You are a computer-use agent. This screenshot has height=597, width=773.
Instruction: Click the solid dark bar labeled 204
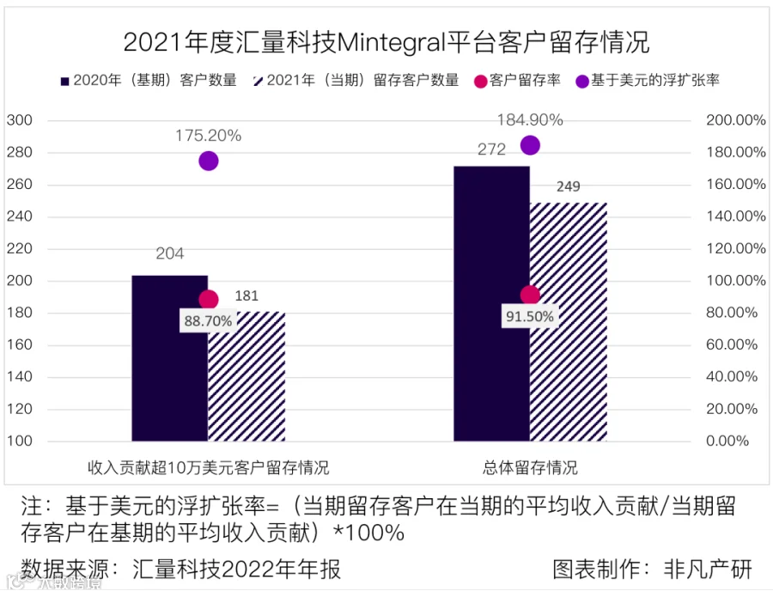[x=169, y=358]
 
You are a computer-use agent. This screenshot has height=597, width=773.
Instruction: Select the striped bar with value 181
[x=247, y=378]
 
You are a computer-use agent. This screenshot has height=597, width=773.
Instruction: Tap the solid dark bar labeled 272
[x=491, y=304]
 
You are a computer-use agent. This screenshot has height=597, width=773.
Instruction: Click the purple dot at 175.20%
[x=208, y=161]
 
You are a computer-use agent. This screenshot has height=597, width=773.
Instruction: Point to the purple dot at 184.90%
[x=530, y=145]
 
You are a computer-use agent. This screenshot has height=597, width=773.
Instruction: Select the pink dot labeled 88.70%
[x=208, y=300]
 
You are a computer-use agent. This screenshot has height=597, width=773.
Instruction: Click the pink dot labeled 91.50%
[x=530, y=295]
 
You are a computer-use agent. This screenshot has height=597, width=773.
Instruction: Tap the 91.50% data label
[x=530, y=316]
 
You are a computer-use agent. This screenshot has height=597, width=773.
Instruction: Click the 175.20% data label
[x=208, y=136]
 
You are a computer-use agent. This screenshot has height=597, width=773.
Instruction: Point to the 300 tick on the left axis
[x=21, y=120]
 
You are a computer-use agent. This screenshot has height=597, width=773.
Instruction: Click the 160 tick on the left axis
[x=21, y=344]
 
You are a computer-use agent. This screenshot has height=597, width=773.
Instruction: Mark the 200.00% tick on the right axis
[x=735, y=120]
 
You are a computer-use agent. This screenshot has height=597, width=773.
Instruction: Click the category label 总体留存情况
[x=530, y=468]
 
